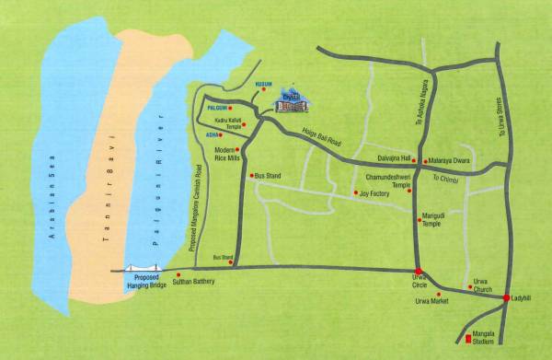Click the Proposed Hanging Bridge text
147,284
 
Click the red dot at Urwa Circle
419,272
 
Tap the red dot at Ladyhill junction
506,297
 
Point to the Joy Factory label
374,193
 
